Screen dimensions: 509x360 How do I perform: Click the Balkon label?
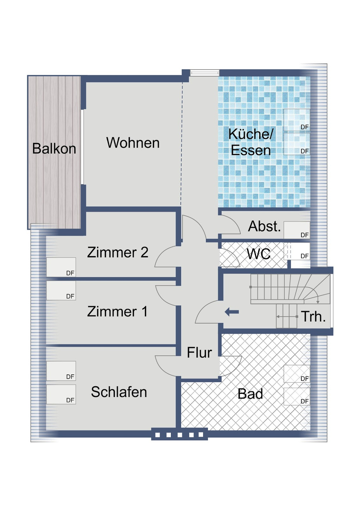pos(54,149)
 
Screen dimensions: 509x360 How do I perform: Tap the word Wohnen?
pos(133,143)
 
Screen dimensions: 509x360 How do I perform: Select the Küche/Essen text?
pos(251,142)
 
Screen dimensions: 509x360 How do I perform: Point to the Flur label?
pos(199,353)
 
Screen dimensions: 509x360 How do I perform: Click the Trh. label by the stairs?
pos(313,317)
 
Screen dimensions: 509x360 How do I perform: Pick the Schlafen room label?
pos(119,392)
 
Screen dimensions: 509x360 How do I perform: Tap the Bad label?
pos(250,394)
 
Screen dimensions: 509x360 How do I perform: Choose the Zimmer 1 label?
pos(117,312)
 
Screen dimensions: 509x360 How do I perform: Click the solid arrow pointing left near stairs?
pos(232,312)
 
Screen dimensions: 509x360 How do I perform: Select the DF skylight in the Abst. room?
pos(297,230)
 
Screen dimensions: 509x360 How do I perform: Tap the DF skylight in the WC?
pos(300,251)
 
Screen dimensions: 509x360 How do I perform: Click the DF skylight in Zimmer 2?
pos(61,267)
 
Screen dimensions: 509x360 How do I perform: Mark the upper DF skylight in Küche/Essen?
pos(297,120)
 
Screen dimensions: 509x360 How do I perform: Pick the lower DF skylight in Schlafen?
pos(61,394)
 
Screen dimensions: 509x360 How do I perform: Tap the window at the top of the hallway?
pos(204,73)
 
